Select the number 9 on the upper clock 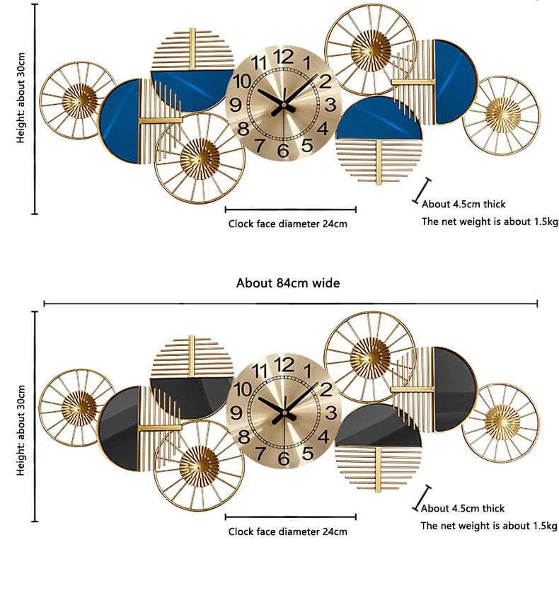[x=236, y=105]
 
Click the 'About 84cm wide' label [x=288, y=283]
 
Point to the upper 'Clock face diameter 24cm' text [x=287, y=224]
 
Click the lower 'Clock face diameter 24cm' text [x=287, y=531]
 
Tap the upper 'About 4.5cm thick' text [x=463, y=204]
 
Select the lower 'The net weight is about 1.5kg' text [x=489, y=526]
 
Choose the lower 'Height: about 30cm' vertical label [x=21, y=430]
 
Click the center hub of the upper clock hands [x=284, y=105]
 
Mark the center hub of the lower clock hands [x=284, y=412]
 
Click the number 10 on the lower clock [x=242, y=389]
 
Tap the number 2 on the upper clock [x=325, y=80]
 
